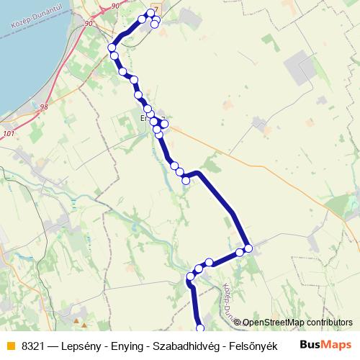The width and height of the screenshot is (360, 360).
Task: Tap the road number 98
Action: pos(45,107)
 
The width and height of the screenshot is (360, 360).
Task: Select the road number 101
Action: pos(9,134)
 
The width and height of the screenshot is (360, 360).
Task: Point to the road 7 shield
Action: pos(155,5)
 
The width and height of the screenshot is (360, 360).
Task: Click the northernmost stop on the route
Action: pos(150,12)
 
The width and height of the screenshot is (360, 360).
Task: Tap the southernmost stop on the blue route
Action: pos(200,328)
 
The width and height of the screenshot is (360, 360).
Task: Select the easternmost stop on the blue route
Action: pos(248,248)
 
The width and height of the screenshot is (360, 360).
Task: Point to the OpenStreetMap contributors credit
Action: pos(297,323)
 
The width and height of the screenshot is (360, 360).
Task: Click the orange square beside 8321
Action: pos(10,346)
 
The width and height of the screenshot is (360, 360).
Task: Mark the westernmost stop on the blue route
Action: pos(112,48)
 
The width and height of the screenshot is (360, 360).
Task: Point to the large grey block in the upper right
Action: pos(302,68)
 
